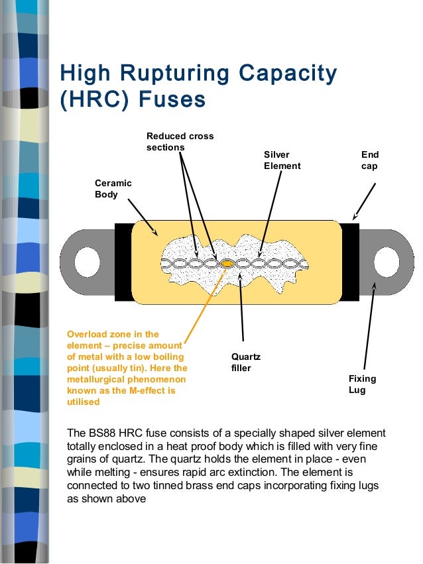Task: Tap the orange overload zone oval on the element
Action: [227, 264]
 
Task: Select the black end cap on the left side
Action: [123, 263]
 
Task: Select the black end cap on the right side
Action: [349, 263]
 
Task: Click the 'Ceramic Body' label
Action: [113, 189]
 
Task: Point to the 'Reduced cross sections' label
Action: [180, 141]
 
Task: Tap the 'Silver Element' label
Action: [282, 160]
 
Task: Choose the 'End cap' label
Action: [369, 160]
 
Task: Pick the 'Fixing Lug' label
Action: [362, 384]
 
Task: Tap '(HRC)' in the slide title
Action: [91, 101]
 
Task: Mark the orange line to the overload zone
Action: [202, 305]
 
